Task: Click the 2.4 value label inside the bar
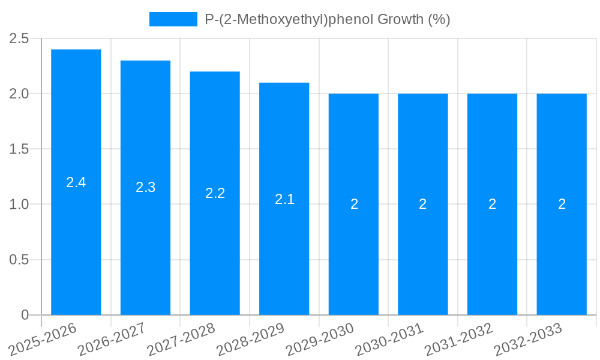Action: coord(76,183)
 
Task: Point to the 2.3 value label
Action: coord(145,187)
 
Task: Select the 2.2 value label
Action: coord(215,193)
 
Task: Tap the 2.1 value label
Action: coord(284,199)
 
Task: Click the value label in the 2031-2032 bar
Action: coord(492,204)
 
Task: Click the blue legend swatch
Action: coord(173,19)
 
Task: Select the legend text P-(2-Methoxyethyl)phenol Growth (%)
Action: coord(327,19)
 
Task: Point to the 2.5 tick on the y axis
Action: coord(20,39)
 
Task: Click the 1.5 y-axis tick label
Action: coord(20,149)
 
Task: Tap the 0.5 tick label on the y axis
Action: coord(20,260)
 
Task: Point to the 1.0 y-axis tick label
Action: coord(20,205)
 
